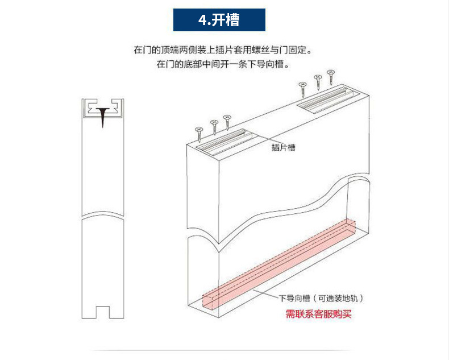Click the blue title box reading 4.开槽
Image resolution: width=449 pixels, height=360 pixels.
(219, 20)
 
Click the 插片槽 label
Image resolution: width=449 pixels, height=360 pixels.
(283, 147)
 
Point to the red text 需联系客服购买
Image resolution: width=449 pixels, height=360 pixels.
(319, 313)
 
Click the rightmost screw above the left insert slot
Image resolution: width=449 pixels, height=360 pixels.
(227, 120)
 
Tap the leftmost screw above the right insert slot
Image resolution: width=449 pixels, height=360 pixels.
(302, 88)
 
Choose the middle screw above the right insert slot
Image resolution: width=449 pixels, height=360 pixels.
(318, 80)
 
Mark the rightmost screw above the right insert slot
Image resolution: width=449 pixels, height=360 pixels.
(330, 75)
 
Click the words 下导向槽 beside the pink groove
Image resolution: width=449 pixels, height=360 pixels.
(294, 298)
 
